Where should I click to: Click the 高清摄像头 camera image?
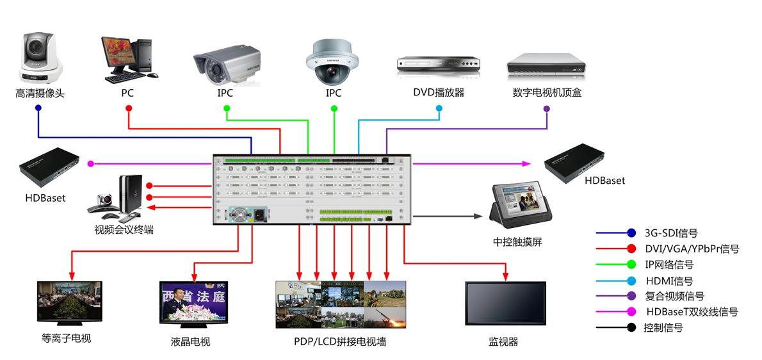[x=40, y=54]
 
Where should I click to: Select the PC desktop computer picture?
[x=129, y=59]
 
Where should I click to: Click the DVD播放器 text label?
[x=439, y=92]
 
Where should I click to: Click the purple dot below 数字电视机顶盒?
[x=547, y=108]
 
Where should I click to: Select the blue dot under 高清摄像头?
[x=38, y=108]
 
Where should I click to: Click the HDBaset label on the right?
[x=604, y=181]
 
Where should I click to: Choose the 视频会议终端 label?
[x=124, y=229]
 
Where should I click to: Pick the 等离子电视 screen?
[x=69, y=301]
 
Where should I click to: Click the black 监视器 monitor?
[x=505, y=304]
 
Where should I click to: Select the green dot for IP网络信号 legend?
[x=631, y=264]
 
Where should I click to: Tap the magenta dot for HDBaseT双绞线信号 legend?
[x=631, y=312]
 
